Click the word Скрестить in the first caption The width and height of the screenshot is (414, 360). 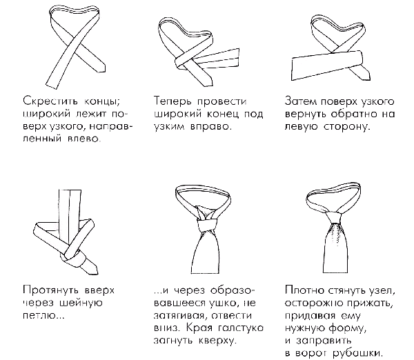coord(50,101)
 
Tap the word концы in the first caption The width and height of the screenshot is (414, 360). coord(102,102)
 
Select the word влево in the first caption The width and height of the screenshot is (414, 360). coord(84,139)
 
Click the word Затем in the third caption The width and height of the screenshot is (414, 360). coord(300,101)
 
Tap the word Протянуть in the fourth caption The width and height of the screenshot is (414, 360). coord(50,290)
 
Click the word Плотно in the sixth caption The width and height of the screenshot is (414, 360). coord(304,290)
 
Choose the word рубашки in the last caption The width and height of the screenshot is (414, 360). coord(357,353)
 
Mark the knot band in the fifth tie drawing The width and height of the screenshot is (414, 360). coord(208,225)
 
